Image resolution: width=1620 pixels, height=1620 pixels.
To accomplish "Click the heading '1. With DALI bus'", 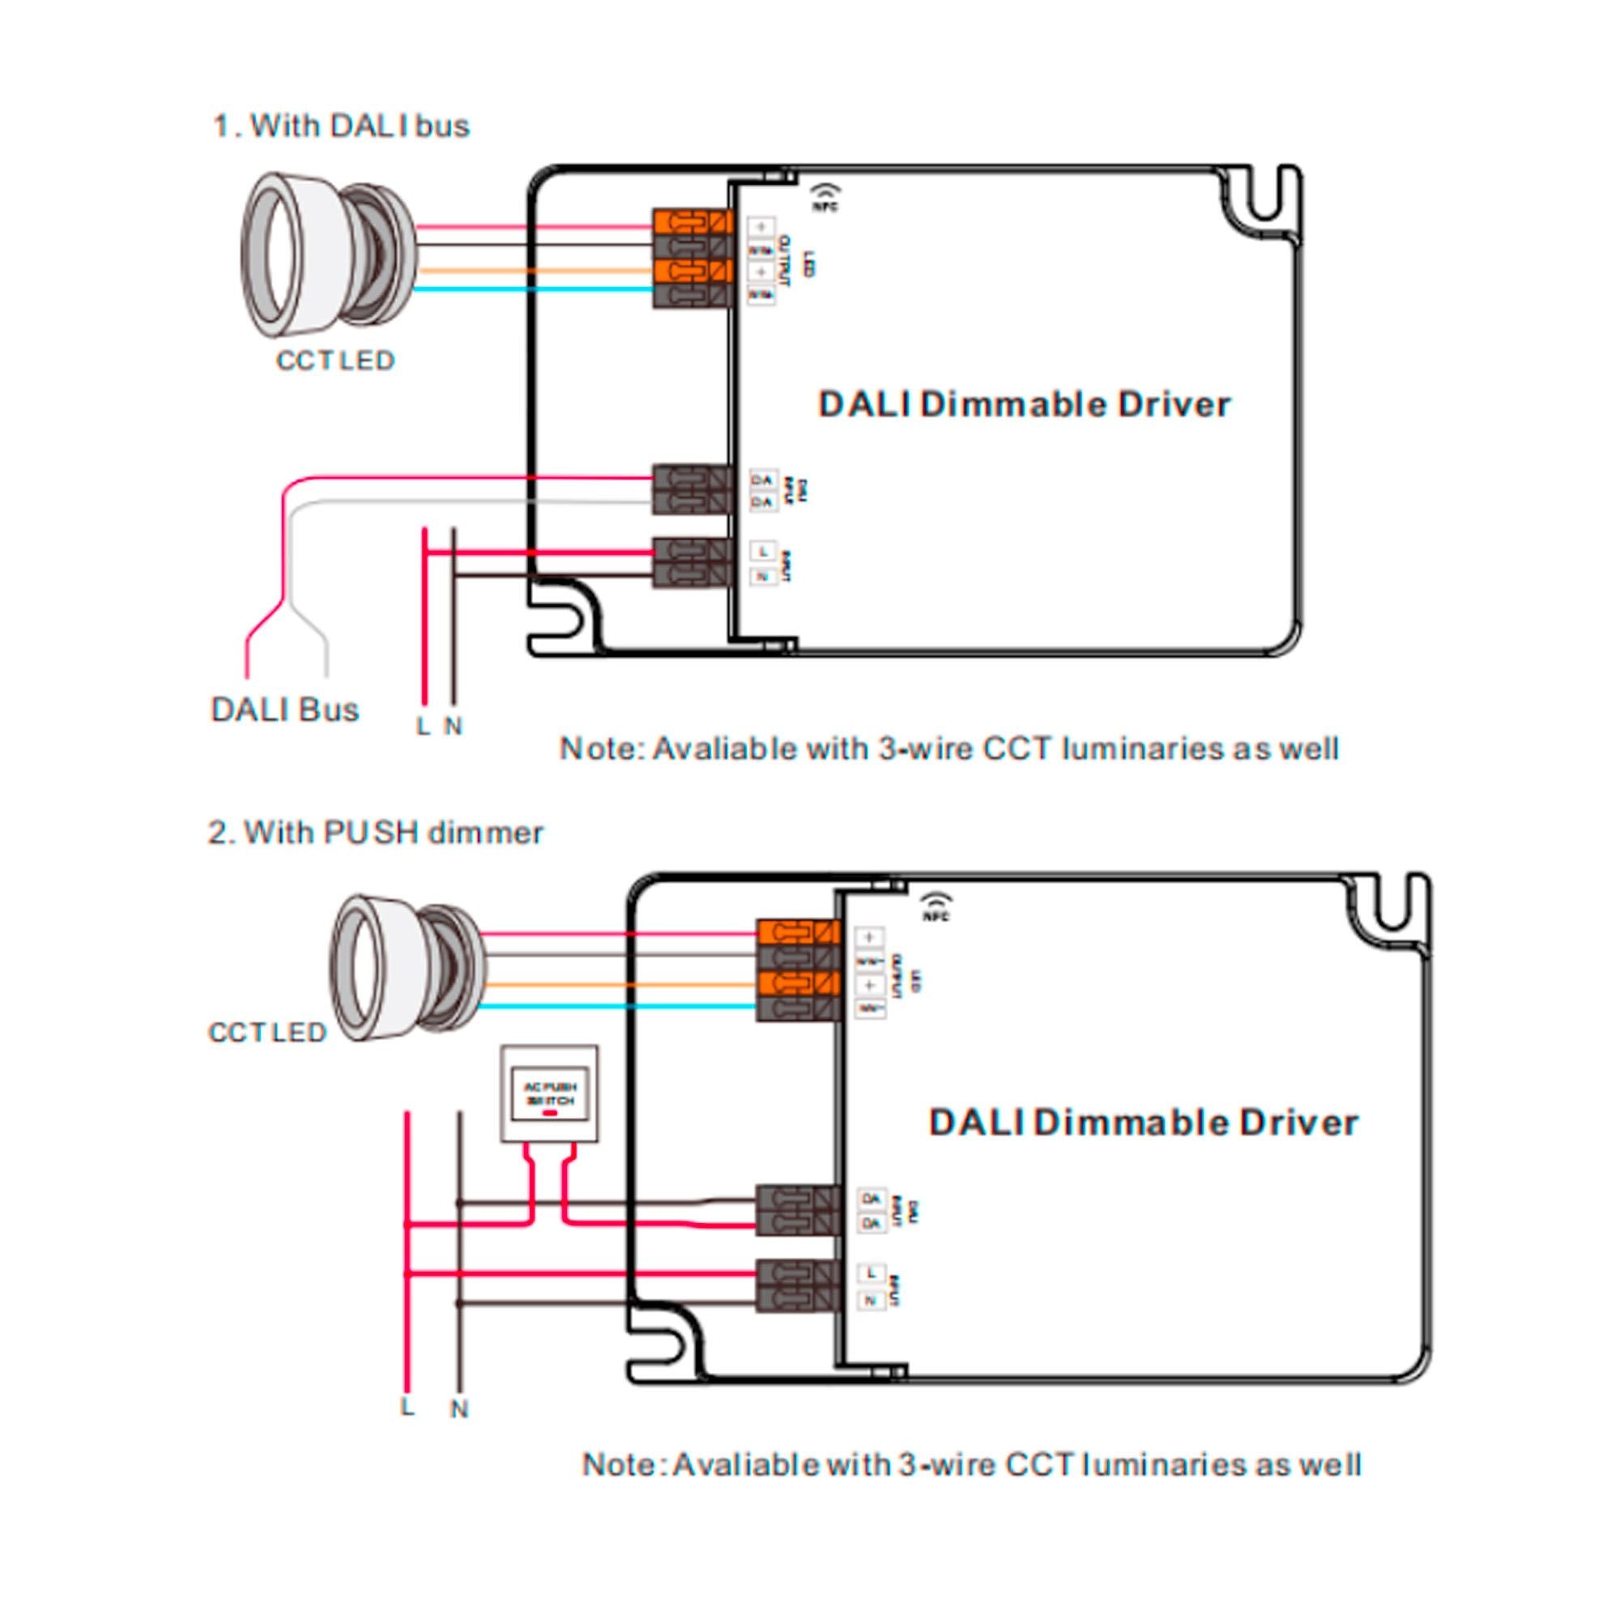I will pos(341,126).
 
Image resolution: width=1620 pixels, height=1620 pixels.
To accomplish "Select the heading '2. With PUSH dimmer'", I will pos(375,833).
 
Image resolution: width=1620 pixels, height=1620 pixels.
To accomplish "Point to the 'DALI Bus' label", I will pos(285,710).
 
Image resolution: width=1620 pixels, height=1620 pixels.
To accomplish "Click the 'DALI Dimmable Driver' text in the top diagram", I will pos(1024,404).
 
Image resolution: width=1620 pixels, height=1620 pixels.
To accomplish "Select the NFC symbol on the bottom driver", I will pos(936,906).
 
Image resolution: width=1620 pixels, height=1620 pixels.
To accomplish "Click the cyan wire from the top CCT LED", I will pos(537,289).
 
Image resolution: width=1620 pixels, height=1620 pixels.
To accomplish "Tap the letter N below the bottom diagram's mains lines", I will pos(458,1409).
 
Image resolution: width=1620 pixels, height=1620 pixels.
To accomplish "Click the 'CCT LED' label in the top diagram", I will pos(335,360).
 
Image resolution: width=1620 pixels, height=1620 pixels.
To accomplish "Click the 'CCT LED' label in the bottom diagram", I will pos(266,1032).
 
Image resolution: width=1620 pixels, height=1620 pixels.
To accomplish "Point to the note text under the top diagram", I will pos(949,748).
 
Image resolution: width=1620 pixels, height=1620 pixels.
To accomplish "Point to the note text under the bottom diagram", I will pos(971,1464).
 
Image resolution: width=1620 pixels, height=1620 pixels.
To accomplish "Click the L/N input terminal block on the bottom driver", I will pos(797,1286).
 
